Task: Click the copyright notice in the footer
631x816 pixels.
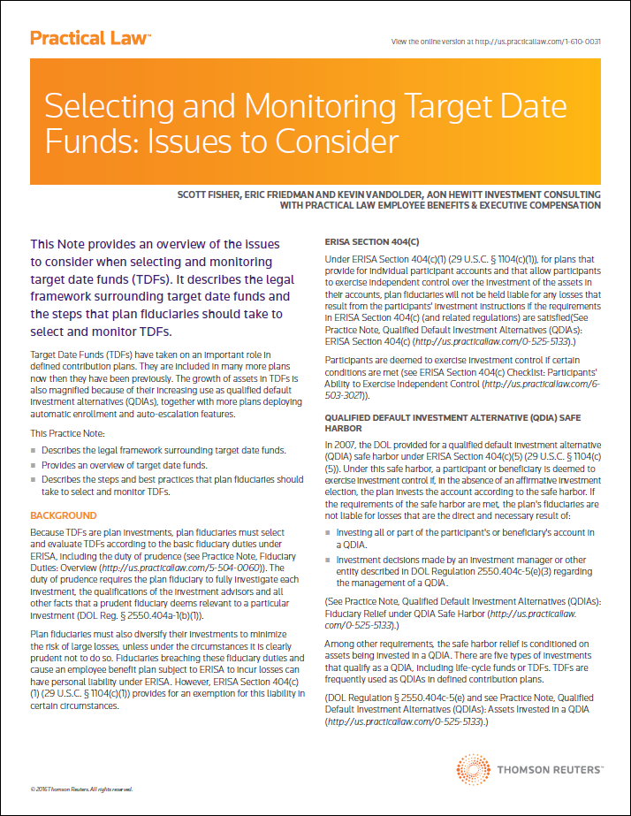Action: (x=81, y=789)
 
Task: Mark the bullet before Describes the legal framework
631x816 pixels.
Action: (x=34, y=451)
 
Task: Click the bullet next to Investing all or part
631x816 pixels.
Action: (x=329, y=533)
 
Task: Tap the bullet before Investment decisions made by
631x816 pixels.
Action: (x=329, y=560)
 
